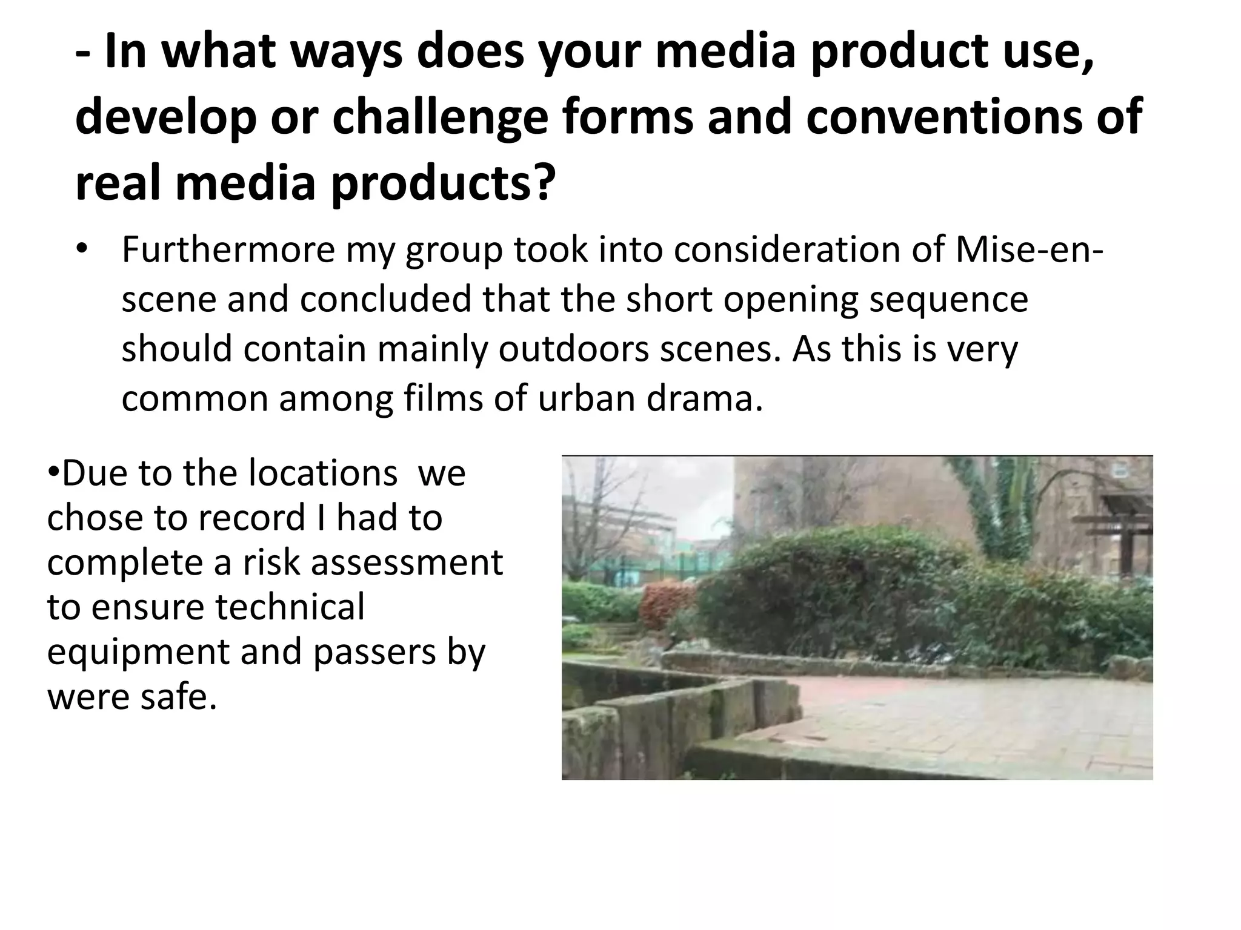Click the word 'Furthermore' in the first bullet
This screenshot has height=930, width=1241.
click(228, 249)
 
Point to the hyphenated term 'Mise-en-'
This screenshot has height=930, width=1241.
click(1029, 249)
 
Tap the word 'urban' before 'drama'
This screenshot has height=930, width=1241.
click(585, 399)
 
